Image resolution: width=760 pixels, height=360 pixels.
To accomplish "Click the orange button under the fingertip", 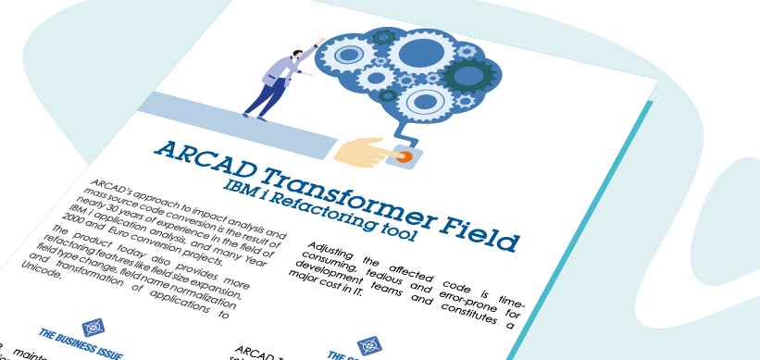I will (x=404, y=156).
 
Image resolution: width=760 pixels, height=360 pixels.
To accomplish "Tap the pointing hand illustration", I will (x=362, y=152).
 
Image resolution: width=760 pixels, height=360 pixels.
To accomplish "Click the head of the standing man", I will (x=297, y=55).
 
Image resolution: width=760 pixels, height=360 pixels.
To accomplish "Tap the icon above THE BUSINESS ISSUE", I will (x=92, y=327).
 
